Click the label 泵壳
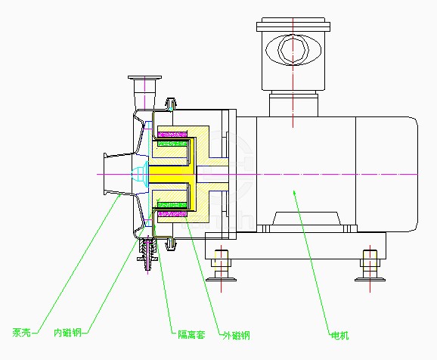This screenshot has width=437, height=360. tap(21, 332)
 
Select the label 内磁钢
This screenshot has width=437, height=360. tap(67, 332)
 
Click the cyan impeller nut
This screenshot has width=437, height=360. tap(141, 174)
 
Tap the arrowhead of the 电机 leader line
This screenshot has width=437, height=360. tap(294, 194)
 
